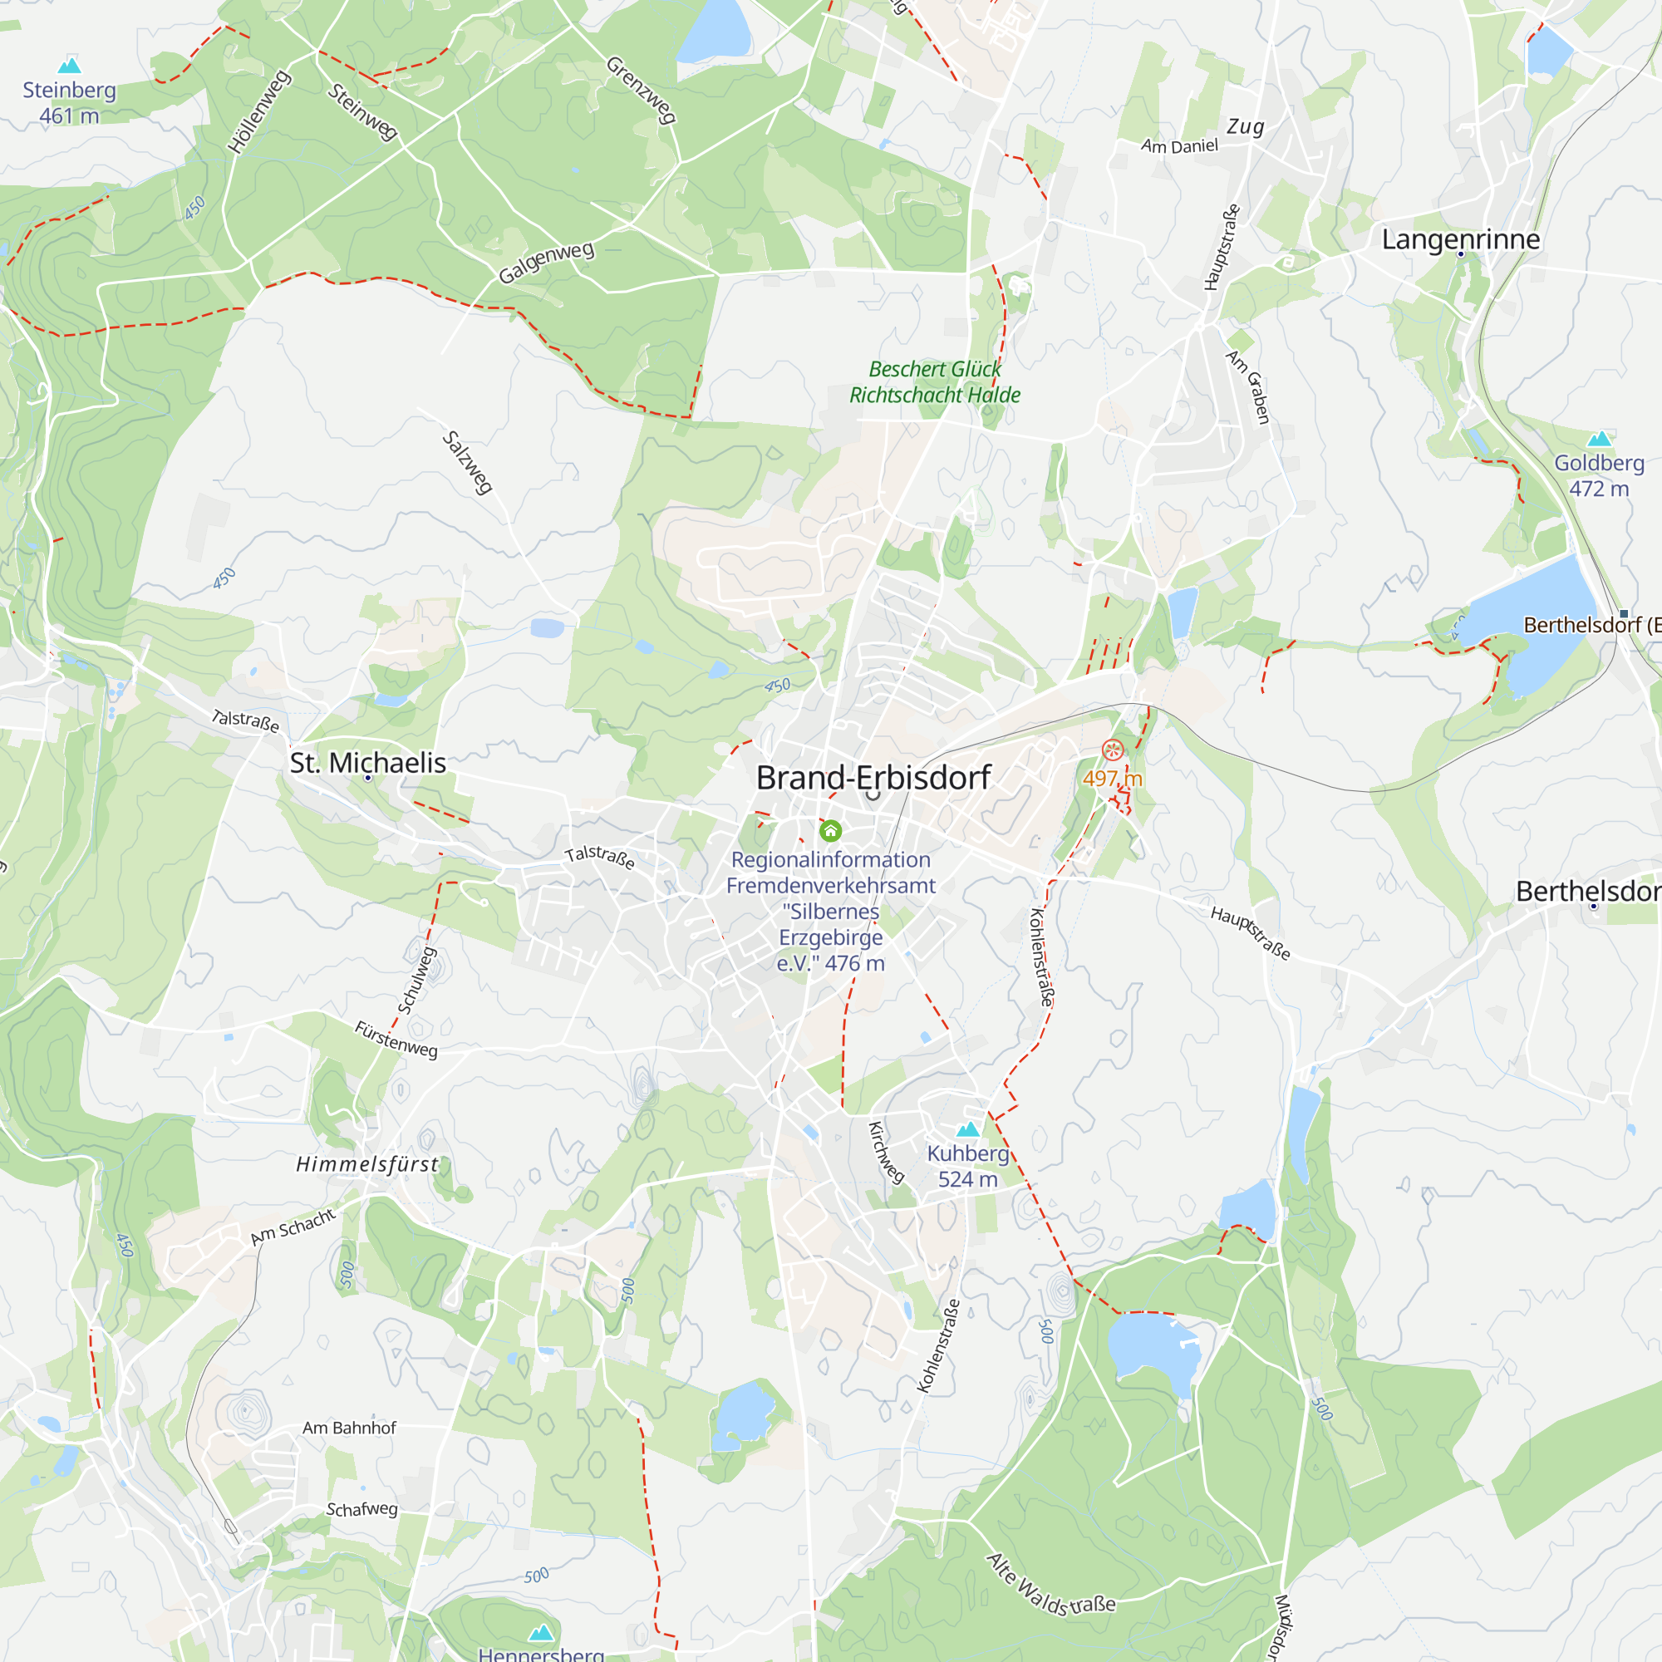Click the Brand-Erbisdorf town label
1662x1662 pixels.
point(873,778)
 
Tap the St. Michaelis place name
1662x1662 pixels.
point(367,763)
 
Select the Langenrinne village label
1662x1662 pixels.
point(1461,239)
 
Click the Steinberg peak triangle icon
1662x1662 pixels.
point(69,66)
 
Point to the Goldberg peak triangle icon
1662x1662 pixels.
point(1598,439)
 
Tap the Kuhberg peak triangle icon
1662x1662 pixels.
point(968,1128)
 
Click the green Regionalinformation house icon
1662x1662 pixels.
point(830,830)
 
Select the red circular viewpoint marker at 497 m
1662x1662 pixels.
point(1113,750)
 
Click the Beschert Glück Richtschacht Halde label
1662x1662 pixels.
point(934,382)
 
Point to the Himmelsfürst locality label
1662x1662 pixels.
point(367,1165)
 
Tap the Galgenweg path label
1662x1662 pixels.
point(546,263)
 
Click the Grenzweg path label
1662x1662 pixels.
point(641,91)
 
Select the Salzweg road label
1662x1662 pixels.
point(467,463)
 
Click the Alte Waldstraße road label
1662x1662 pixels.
point(1050,1586)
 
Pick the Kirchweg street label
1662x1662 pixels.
point(886,1153)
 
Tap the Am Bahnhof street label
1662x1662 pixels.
point(349,1428)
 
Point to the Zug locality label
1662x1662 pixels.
point(1246,127)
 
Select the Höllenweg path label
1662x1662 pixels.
point(259,113)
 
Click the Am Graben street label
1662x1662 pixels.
point(1248,386)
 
